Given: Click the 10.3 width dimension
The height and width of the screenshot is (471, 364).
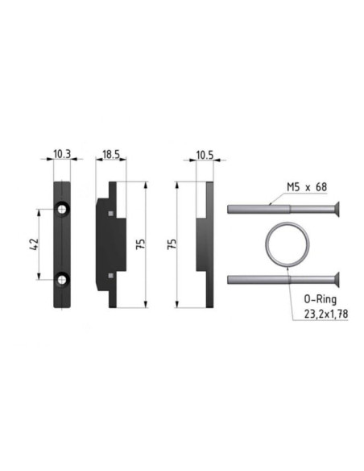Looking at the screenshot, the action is pos(62,154).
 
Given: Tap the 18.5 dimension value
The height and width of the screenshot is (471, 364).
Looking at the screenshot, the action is pos(111,154).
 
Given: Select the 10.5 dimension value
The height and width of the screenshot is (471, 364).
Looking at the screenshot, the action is pos(205,156).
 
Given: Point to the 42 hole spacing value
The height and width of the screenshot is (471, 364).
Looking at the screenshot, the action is pos(35,244).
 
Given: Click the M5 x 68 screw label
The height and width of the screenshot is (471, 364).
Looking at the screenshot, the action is pos(307,187).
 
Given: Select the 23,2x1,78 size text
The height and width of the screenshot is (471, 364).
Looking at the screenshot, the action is pos(326,314).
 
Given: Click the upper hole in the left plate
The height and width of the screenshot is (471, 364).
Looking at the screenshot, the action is pos(62,209).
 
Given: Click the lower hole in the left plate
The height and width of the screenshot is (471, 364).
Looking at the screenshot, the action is pos(62,280).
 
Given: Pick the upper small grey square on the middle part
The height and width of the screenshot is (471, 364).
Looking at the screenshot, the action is pos(111,213).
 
